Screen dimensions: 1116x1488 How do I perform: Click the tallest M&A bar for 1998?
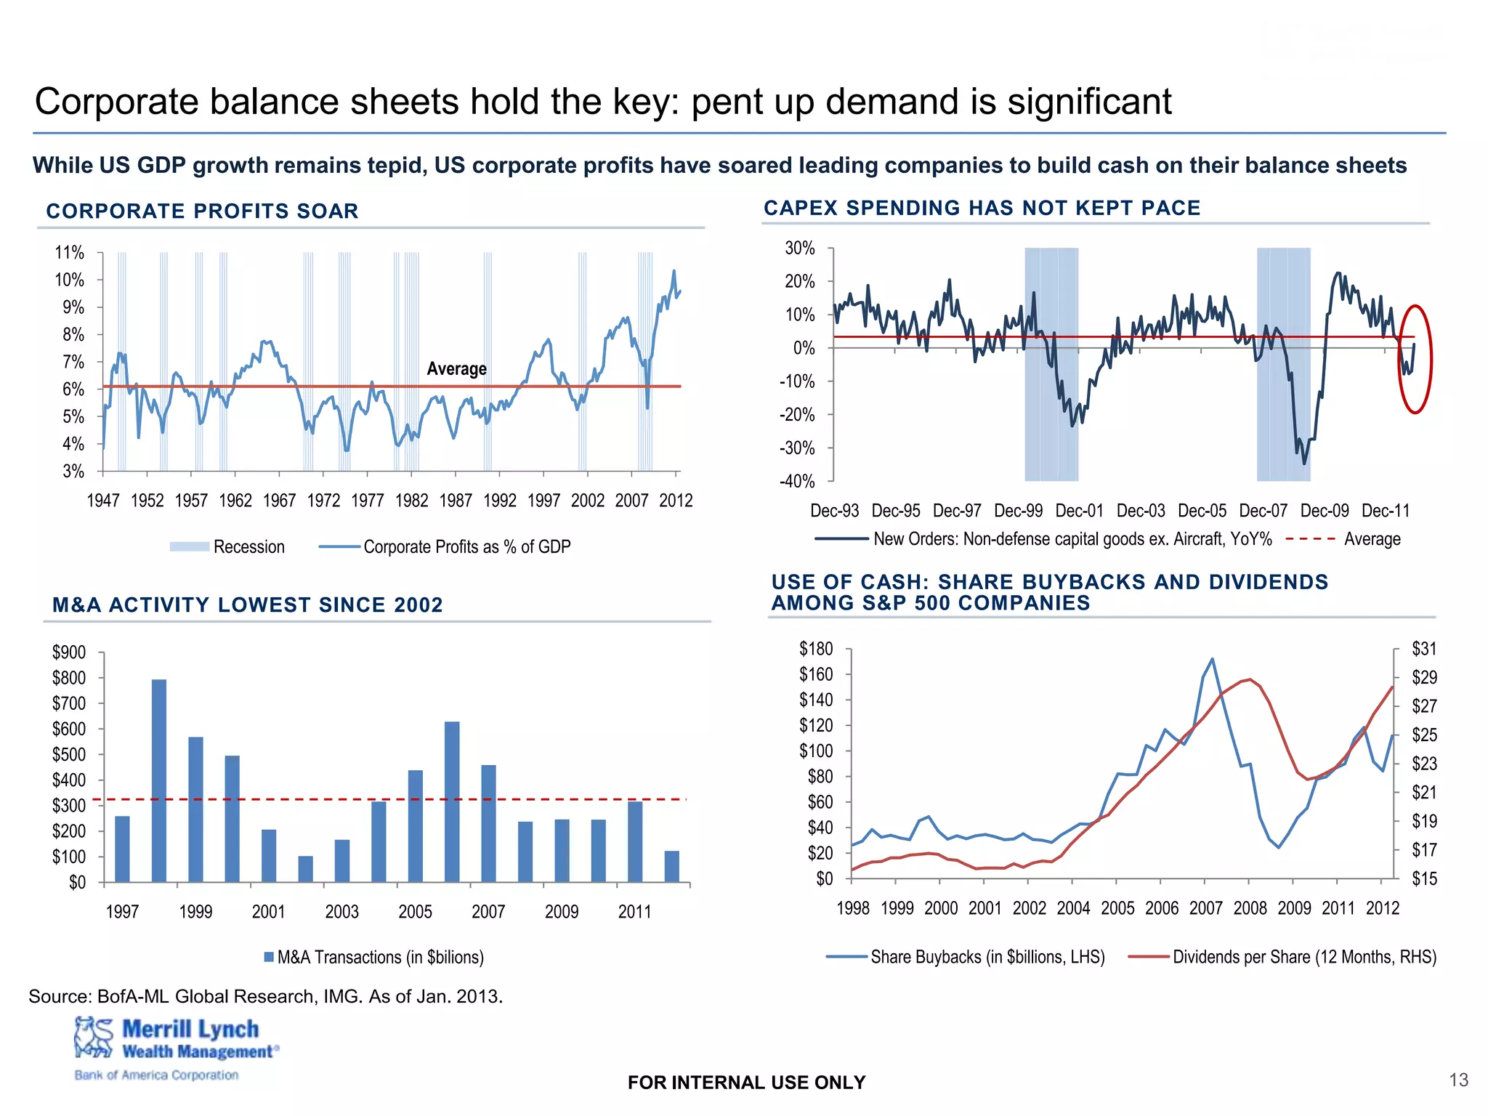pos(159,780)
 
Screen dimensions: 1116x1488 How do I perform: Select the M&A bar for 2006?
pos(452,801)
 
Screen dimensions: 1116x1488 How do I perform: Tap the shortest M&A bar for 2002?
pos(305,869)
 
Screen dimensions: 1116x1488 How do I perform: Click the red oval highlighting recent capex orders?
pos(1415,359)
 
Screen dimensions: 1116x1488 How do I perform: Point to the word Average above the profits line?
pos(456,369)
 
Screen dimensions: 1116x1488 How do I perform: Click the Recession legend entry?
pos(227,547)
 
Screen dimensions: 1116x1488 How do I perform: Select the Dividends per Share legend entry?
pos(1282,957)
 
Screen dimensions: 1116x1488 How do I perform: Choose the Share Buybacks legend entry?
pos(966,957)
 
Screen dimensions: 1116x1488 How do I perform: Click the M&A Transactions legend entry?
pos(373,957)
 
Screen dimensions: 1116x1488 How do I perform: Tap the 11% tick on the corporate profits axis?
pos(70,253)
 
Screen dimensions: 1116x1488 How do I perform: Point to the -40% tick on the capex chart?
pos(797,481)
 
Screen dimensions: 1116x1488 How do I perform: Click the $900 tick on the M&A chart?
pos(68,652)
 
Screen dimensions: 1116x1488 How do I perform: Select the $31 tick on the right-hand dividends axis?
pos(1424,649)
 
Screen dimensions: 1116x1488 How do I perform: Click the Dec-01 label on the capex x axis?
pos(1079,511)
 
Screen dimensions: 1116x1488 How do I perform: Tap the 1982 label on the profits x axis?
pos(411,501)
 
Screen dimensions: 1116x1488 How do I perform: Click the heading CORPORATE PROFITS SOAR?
pos(202,211)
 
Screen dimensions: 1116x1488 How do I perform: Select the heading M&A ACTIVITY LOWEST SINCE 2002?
pos(247,604)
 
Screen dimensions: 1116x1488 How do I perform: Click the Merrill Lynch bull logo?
pos(94,1037)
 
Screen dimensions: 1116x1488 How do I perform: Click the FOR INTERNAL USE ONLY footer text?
pos(746,1083)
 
